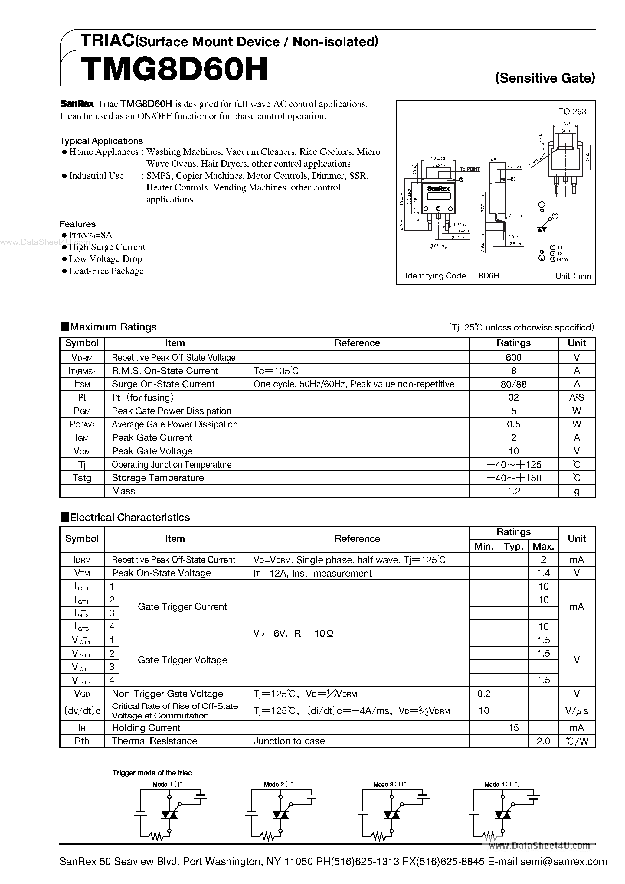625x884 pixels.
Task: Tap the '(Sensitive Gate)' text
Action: click(545, 78)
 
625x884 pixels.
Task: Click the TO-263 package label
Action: click(572, 112)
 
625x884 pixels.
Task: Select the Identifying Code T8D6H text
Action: click(452, 276)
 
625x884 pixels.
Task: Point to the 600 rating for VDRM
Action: click(513, 357)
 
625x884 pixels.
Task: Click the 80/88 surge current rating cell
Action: click(513, 384)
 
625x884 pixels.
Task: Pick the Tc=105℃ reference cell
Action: click(276, 371)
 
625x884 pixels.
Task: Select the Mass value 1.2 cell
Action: click(513, 491)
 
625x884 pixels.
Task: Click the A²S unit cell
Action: click(577, 397)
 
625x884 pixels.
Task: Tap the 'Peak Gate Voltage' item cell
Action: click(152, 451)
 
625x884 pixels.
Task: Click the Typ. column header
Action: click(513, 546)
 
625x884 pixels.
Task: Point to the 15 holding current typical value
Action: click(513, 728)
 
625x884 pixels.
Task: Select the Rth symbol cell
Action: click(82, 741)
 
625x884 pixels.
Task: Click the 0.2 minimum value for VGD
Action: click(484, 694)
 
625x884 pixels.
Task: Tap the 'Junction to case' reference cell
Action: click(289, 741)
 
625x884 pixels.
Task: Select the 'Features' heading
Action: click(77, 224)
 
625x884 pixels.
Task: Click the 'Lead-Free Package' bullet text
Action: click(106, 271)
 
